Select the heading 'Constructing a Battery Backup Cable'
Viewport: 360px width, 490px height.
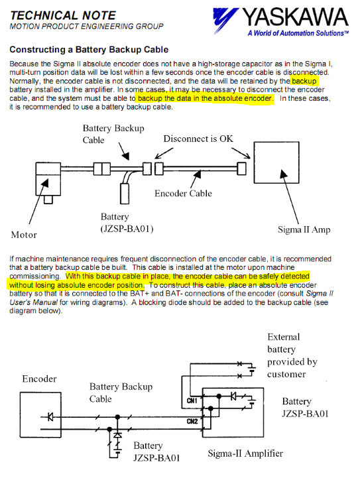coord(89,50)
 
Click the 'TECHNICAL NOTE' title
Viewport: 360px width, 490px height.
coord(63,16)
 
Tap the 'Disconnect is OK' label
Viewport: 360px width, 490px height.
coord(198,139)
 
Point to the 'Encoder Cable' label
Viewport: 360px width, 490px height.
coord(183,194)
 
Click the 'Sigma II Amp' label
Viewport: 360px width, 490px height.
coord(304,229)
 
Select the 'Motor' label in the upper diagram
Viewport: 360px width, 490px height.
coord(24,235)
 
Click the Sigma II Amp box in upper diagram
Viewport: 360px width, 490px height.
coord(276,162)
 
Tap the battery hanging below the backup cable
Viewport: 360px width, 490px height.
coord(125,194)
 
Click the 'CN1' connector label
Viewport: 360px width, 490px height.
coord(192,400)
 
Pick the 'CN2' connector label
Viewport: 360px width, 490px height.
coord(192,422)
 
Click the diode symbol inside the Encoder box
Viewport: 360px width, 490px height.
coord(50,417)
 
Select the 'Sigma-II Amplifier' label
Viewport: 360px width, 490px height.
coord(245,454)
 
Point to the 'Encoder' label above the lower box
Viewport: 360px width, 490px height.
coord(39,379)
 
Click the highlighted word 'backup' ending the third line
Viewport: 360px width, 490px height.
coord(304,82)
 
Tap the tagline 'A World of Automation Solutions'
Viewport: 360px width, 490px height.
coord(298,33)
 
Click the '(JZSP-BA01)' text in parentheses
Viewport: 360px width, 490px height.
coord(127,229)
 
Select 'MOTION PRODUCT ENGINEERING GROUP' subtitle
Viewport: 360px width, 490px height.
coord(86,27)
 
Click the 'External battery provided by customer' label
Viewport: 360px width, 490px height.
coord(292,355)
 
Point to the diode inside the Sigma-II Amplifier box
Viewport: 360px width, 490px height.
coord(233,397)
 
